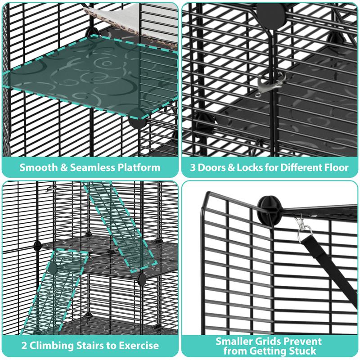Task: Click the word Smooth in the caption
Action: [37, 168]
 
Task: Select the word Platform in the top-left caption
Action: [138, 168]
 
